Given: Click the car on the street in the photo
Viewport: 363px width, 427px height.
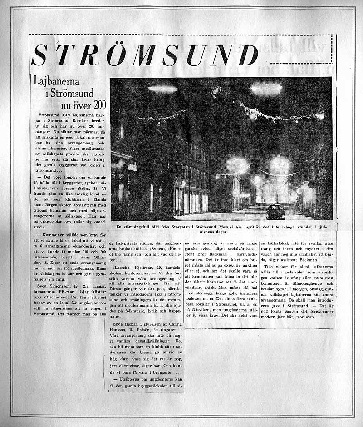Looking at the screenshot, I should [x=275, y=212].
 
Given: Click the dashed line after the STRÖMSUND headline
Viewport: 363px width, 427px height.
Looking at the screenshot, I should [x=302, y=62].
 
